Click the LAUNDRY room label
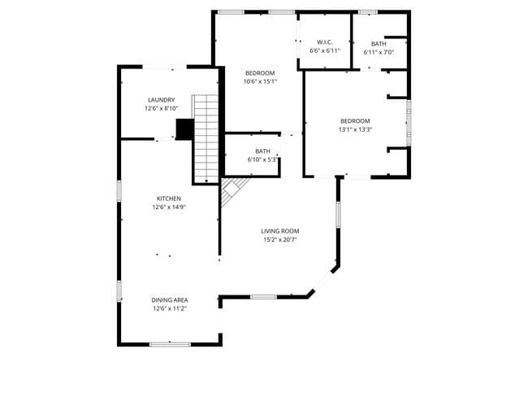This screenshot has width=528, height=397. coord(160,100)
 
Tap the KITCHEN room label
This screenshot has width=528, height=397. coord(169,198)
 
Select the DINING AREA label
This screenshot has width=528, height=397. coord(169,300)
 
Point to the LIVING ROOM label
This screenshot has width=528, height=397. coord(280,231)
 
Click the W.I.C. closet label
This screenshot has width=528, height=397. coord(325,42)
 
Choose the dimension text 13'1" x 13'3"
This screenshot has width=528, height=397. coord(355,129)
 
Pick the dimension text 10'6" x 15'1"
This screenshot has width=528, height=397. coord(260,81)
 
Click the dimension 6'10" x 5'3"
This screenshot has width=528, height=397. coord(262,159)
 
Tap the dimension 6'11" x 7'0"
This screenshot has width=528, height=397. coord(379,52)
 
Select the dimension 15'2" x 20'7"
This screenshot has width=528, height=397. coord(280,240)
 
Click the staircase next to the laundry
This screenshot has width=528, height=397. coord(206,138)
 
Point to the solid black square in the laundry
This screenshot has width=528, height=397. coord(184,129)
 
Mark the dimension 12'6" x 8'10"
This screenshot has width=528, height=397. coord(160,109)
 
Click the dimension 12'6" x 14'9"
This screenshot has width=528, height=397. coord(169,207)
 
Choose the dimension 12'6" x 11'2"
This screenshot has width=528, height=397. coord(169,309)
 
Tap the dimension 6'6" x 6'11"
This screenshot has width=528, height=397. coord(325,50)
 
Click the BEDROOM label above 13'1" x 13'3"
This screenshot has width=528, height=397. coord(355,120)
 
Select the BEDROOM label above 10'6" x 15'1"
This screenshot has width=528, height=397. coord(260,73)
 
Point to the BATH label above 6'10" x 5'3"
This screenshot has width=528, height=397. coord(262,151)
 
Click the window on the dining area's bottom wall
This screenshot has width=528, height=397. coord(169,344)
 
